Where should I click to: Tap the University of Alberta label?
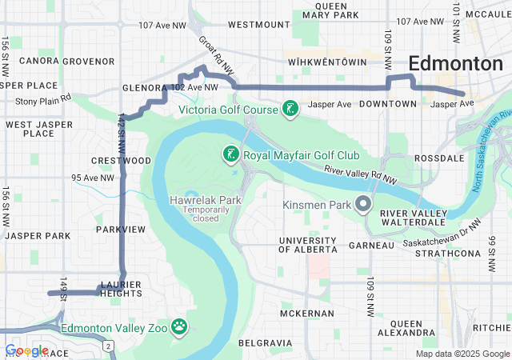307,245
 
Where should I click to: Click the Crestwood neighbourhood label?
121,161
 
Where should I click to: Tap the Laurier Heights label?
121,289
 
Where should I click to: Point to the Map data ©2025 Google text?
462,354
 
